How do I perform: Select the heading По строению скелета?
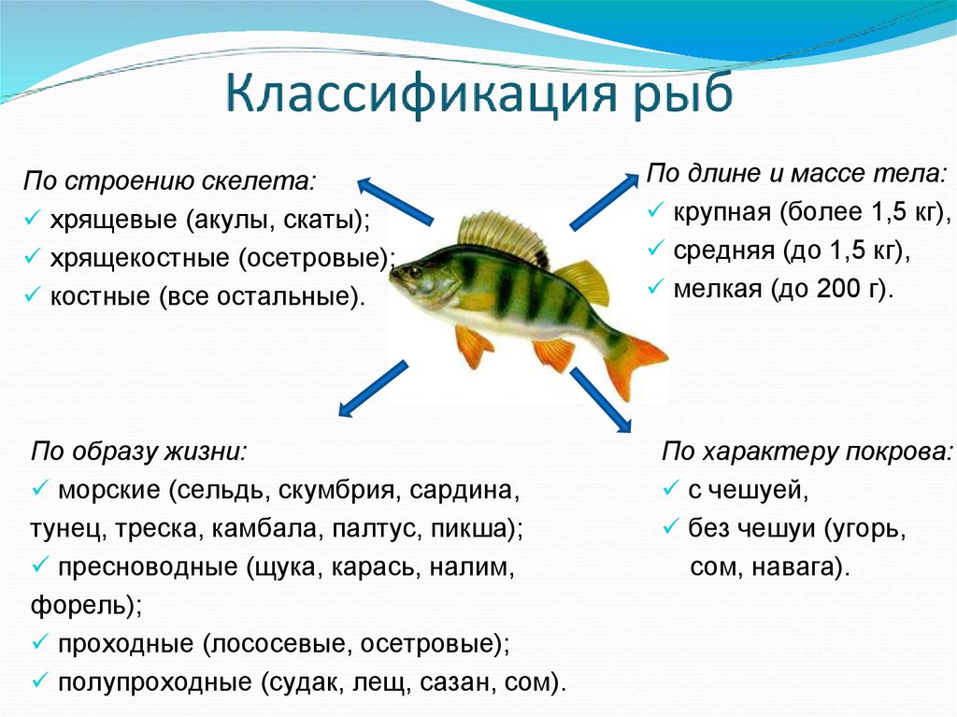(x=170, y=181)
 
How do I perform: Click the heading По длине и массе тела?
(x=796, y=174)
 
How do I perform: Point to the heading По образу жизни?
(x=139, y=452)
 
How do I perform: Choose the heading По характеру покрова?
(x=807, y=452)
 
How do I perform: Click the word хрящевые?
(x=113, y=220)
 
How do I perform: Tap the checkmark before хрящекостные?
(x=32, y=256)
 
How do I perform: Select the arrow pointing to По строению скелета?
(x=395, y=201)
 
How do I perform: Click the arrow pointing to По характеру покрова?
(x=601, y=400)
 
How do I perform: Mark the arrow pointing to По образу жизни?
(x=373, y=389)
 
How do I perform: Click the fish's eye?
(x=416, y=268)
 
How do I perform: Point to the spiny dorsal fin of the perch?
(x=502, y=237)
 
